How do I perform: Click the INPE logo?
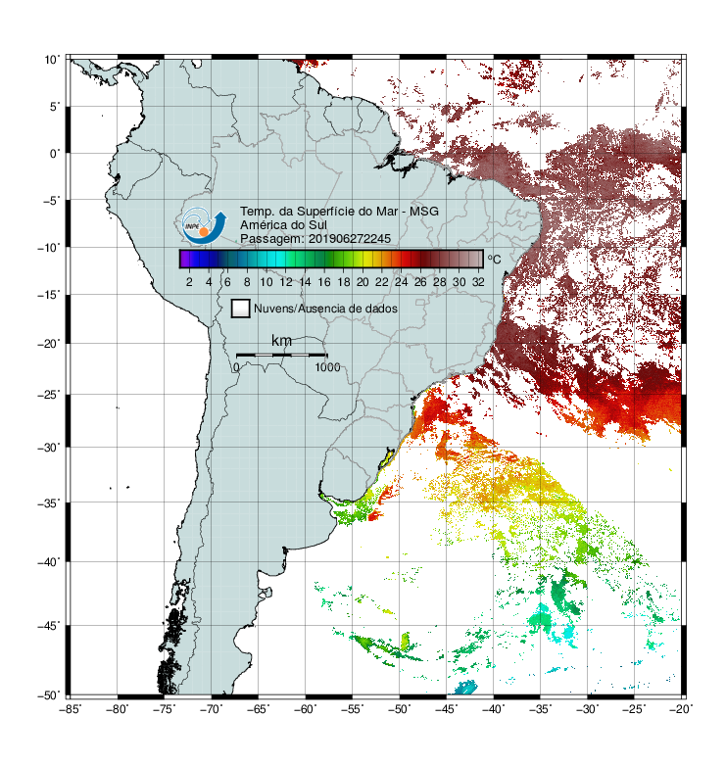click(x=204, y=225)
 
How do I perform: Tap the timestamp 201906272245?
click(x=350, y=239)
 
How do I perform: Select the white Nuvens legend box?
click(x=241, y=309)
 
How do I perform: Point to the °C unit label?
click(x=494, y=259)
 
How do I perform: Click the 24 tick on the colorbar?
click(x=401, y=282)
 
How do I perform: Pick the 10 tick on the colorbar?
click(x=266, y=282)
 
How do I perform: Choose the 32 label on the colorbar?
click(x=478, y=282)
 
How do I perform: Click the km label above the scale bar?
click(x=281, y=341)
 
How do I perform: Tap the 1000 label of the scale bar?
click(x=327, y=367)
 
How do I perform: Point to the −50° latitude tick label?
click(x=49, y=695)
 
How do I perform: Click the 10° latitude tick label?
click(x=52, y=60)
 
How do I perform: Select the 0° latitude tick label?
click(x=55, y=154)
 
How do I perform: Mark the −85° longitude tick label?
click(x=70, y=709)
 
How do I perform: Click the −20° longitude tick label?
click(x=681, y=709)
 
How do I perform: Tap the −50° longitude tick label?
click(x=399, y=709)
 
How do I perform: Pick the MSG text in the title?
click(x=424, y=212)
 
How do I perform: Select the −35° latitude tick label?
click(x=49, y=503)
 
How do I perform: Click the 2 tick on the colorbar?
click(x=189, y=282)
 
